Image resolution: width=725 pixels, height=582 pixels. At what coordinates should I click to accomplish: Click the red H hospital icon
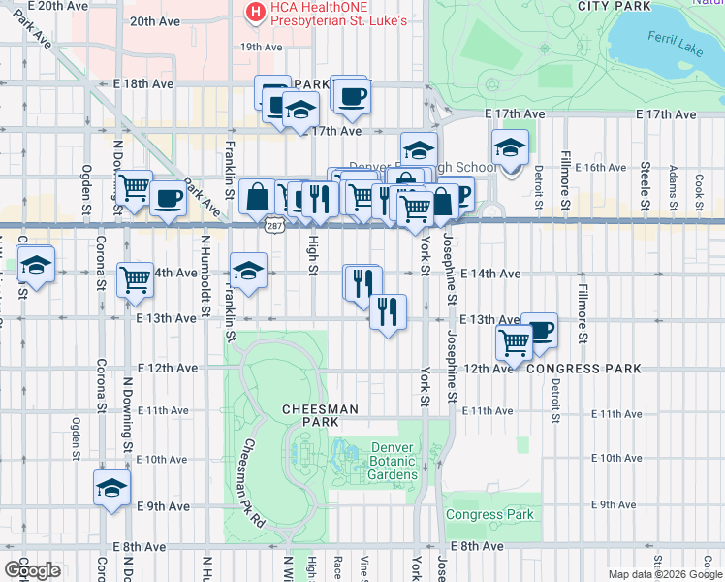pyautogui.click(x=255, y=13)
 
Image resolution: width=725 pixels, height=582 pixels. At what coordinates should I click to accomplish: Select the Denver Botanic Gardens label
pyautogui.click(x=394, y=461)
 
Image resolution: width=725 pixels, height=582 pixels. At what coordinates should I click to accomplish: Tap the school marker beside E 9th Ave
pyautogui.click(x=111, y=487)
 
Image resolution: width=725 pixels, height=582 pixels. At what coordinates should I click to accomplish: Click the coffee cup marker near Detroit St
pyautogui.click(x=539, y=329)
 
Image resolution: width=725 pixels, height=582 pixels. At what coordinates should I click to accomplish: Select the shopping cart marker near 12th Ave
pyautogui.click(x=515, y=340)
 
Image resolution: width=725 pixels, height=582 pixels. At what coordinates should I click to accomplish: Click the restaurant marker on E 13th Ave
pyautogui.click(x=387, y=311)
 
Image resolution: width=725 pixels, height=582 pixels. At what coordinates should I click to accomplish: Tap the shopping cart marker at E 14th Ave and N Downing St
pyautogui.click(x=135, y=278)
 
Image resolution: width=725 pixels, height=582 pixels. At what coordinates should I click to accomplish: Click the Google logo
pyautogui.click(x=32, y=569)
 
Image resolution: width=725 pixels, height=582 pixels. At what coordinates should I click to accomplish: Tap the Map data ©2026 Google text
pyautogui.click(x=664, y=574)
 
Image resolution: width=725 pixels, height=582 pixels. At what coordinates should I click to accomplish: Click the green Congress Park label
pyautogui.click(x=490, y=514)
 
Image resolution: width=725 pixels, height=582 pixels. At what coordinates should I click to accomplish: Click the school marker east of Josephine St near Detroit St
pyautogui.click(x=509, y=147)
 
